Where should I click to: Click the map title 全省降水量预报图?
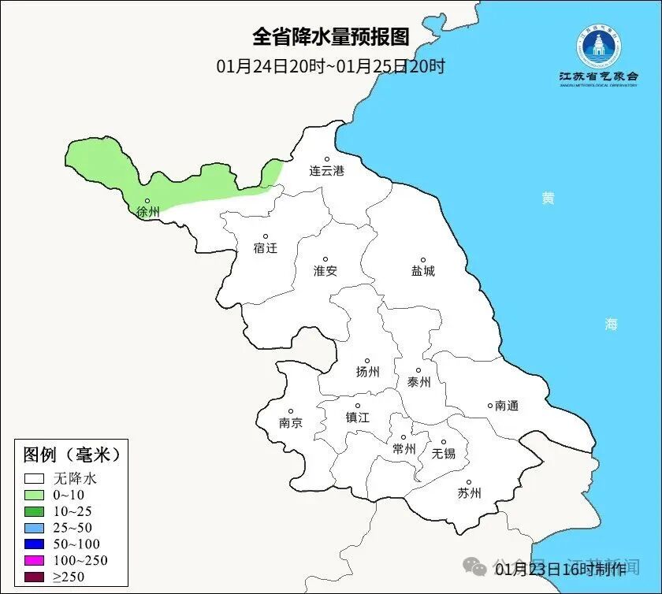click(331, 37)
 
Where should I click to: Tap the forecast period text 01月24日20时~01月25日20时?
click(331, 66)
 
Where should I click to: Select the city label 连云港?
click(327, 170)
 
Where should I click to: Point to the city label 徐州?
click(148, 212)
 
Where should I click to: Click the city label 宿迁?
click(266, 248)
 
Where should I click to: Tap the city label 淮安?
click(325, 270)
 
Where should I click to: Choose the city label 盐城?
click(423, 271)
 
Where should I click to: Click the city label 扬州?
click(368, 372)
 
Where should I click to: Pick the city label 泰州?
click(419, 382)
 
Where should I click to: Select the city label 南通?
click(507, 406)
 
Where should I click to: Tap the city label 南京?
click(291, 422)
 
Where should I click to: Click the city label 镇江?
click(357, 418)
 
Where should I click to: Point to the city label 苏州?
click(469, 494)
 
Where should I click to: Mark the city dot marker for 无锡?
click(444, 442)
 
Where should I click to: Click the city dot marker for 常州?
click(404, 437)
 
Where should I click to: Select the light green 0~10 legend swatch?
click(34, 495)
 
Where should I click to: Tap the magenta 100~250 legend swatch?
click(34, 561)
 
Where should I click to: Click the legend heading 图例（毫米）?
click(71, 455)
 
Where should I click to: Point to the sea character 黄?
click(548, 198)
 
